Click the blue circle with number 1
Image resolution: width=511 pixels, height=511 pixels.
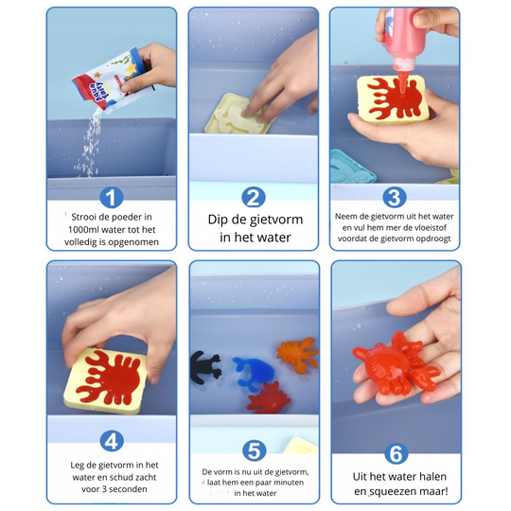pos(112,197)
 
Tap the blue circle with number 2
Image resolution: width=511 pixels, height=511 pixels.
pos(253,197)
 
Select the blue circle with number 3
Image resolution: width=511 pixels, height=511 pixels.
pos(395,197)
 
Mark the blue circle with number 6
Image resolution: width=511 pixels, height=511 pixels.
pos(395,453)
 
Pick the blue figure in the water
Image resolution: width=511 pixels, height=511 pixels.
pos(250,372)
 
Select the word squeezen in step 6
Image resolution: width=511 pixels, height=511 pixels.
pos(402,492)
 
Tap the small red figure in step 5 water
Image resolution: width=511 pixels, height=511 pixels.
pos(269,396)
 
